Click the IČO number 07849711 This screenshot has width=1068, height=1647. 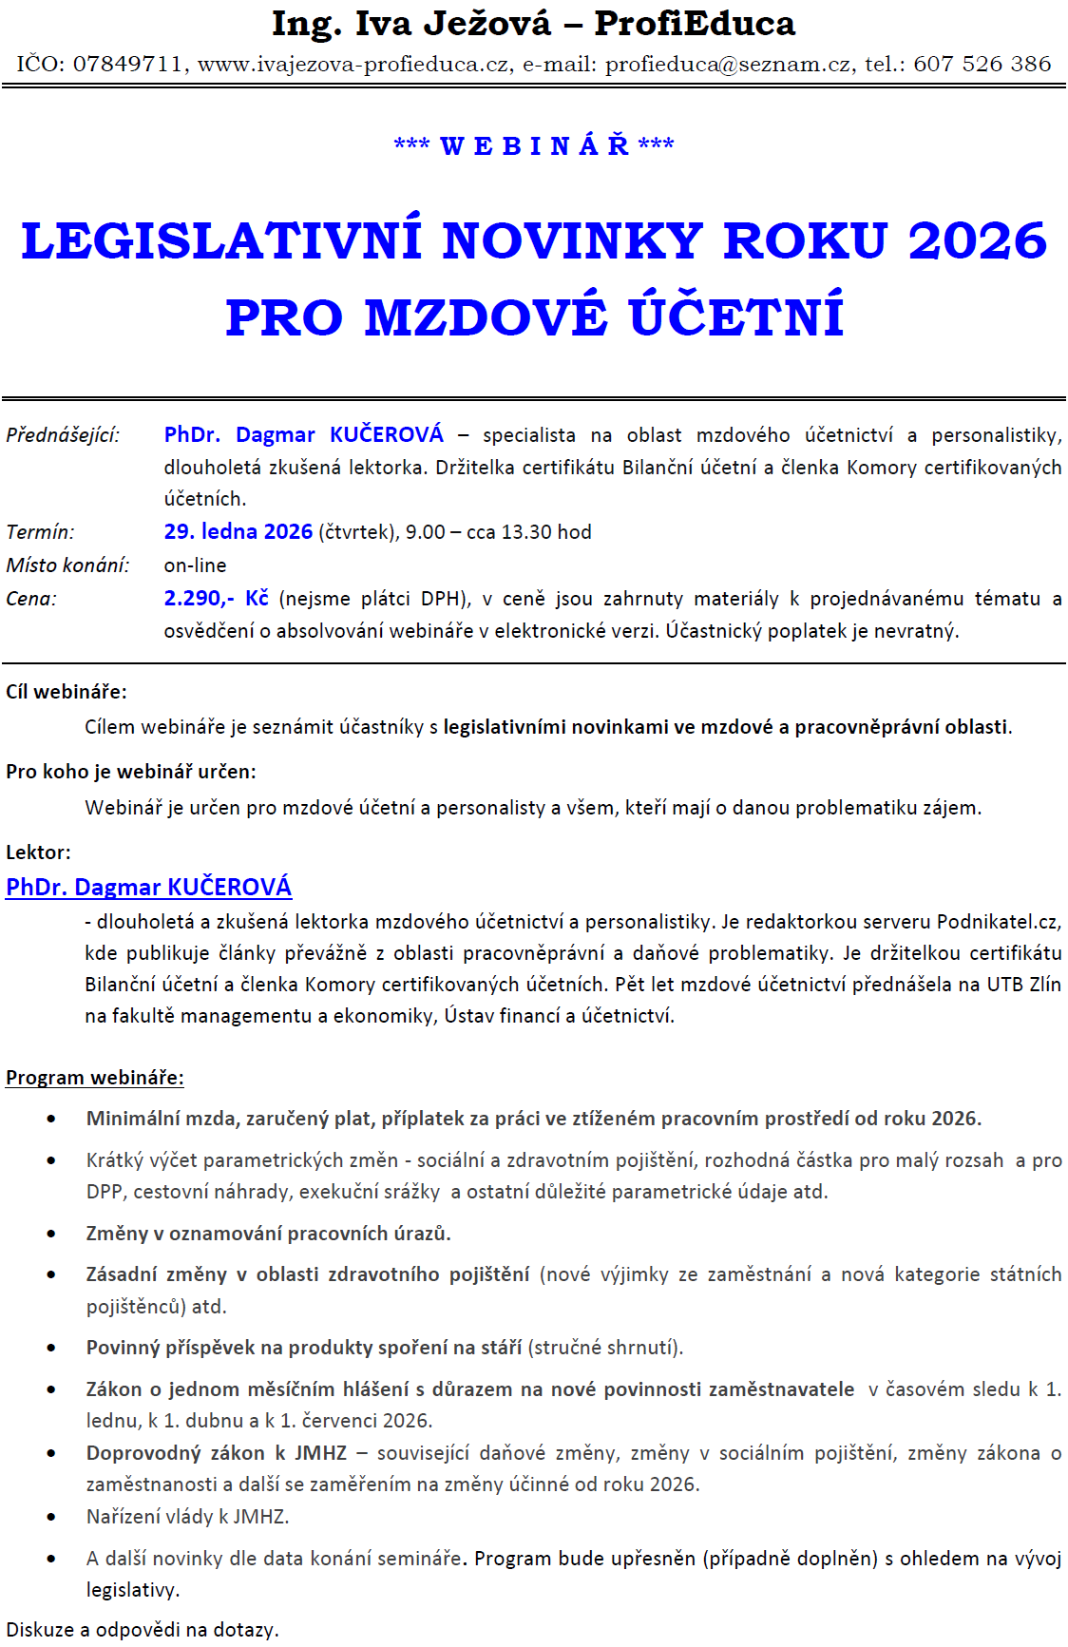tap(127, 64)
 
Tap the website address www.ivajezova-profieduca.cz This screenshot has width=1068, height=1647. tap(353, 64)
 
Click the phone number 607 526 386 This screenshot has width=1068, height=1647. tap(982, 64)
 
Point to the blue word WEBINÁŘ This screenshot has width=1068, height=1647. tap(535, 145)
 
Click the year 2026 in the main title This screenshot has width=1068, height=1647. tap(977, 240)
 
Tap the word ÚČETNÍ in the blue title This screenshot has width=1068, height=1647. tap(736, 316)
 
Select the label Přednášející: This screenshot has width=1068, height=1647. tap(63, 435)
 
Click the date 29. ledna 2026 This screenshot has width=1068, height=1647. tap(238, 531)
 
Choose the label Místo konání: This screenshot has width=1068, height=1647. tap(67, 565)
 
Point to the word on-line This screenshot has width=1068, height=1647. tap(195, 565)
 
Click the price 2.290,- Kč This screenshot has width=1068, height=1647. tap(216, 598)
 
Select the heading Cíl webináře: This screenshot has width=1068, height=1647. tap(67, 692)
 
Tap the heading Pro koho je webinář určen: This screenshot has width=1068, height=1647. tap(131, 772)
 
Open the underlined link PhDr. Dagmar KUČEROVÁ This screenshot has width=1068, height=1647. tap(149, 887)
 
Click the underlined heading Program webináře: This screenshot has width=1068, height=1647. tap(95, 1078)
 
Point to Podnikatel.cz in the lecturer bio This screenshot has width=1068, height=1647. tap(999, 922)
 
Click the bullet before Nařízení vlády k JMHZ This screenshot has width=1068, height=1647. tap(51, 1518)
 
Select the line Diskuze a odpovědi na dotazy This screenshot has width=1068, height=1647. tap(143, 1630)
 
